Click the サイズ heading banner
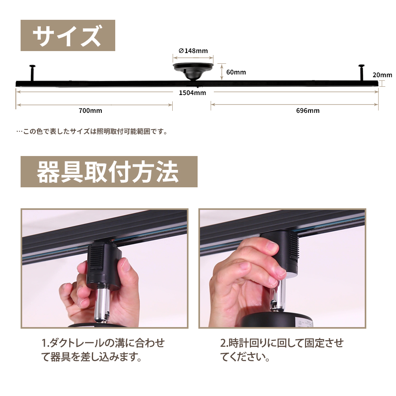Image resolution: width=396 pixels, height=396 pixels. (68, 35)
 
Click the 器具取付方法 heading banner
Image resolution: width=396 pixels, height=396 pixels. (109, 172)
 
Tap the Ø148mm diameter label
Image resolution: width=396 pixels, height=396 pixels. (193, 51)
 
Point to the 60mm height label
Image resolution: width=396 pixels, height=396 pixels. (236, 72)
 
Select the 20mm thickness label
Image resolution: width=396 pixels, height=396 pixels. (383, 75)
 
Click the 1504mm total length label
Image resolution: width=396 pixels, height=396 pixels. (192, 93)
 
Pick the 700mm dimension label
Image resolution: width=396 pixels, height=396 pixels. (90, 110)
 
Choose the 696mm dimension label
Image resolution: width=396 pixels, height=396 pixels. (308, 110)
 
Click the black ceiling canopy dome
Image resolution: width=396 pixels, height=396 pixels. (193, 72)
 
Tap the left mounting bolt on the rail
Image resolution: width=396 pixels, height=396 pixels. (32, 73)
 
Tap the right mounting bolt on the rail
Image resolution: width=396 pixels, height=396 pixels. (362, 73)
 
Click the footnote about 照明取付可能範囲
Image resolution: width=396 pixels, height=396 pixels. (92, 131)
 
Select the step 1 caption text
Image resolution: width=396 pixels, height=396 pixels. (103, 350)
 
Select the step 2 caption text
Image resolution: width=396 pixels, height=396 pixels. (282, 350)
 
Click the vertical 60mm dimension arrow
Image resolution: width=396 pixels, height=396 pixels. (222, 72)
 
